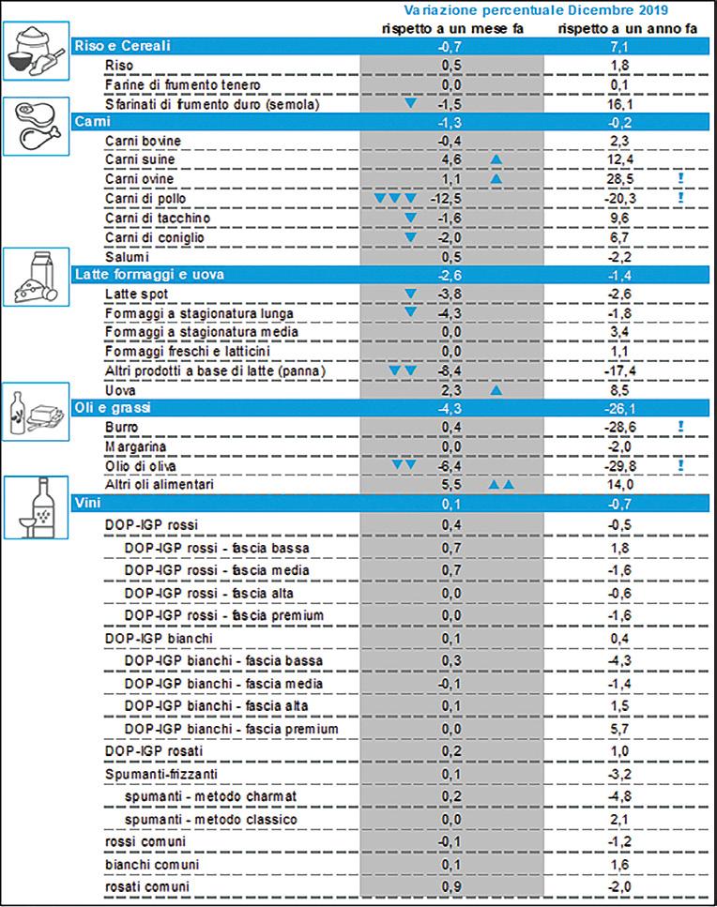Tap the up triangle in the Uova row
tap(496, 388)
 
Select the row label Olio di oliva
tap(141, 465)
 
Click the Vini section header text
tap(88, 505)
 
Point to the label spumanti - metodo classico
tap(211, 820)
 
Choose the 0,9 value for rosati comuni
tap(450, 886)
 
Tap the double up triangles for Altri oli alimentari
tap(501, 485)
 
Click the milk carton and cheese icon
tap(37, 276)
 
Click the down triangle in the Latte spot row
tap(409, 295)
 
